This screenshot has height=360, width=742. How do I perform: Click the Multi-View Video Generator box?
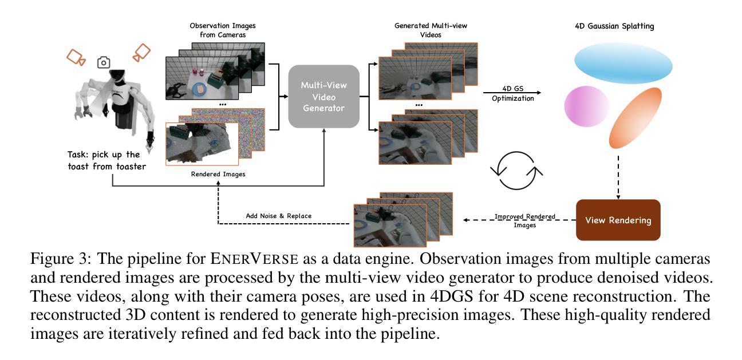[323, 96]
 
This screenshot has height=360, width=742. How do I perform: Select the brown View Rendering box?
[618, 220]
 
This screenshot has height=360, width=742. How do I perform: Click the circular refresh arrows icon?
[516, 170]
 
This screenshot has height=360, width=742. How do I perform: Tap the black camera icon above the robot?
[104, 62]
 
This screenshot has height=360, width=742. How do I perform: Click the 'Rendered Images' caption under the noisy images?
[218, 174]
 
